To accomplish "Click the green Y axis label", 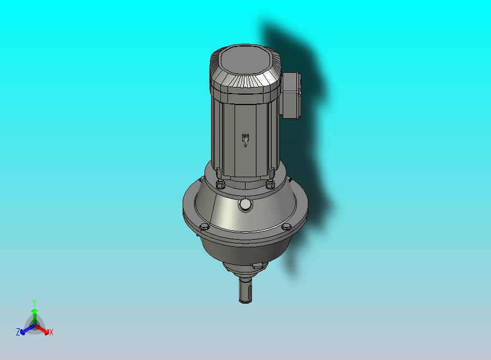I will [x=34, y=302].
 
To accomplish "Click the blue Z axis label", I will [x=18, y=332].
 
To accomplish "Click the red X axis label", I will [x=51, y=332].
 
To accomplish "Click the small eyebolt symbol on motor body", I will [x=244, y=140].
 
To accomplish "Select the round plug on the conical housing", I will [x=245, y=205].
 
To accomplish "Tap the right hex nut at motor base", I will [x=270, y=183].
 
